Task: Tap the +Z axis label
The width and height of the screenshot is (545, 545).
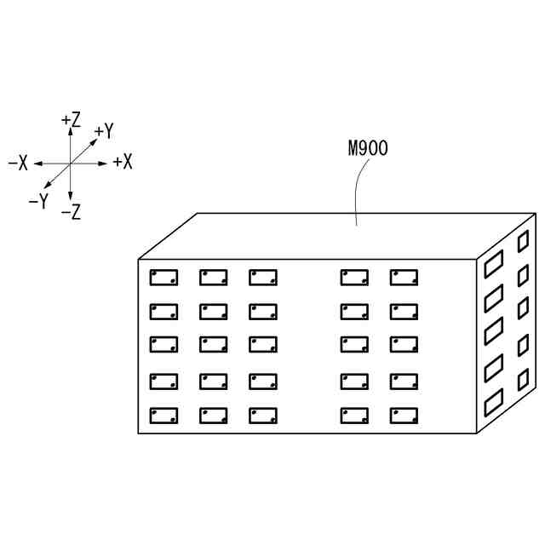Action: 72,121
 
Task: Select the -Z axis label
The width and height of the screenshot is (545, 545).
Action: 72,212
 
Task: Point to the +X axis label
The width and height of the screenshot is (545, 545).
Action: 123,162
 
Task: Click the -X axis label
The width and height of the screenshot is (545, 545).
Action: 18,163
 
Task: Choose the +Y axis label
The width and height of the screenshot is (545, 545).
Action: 104,131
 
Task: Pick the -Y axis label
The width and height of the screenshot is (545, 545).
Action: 37,202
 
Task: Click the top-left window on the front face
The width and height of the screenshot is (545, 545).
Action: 163,278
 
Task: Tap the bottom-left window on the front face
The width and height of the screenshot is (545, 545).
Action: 163,416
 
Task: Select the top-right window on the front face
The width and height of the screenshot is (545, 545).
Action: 404,278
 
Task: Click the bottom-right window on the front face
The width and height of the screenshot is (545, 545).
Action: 404,416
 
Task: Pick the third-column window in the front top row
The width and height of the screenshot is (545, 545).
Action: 262,278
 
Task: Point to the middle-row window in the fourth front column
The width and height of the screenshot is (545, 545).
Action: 354,344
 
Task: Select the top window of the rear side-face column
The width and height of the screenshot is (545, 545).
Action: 523,241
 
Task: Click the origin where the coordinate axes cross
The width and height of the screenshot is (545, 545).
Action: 71,163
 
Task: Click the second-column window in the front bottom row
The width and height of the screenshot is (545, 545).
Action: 213,416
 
